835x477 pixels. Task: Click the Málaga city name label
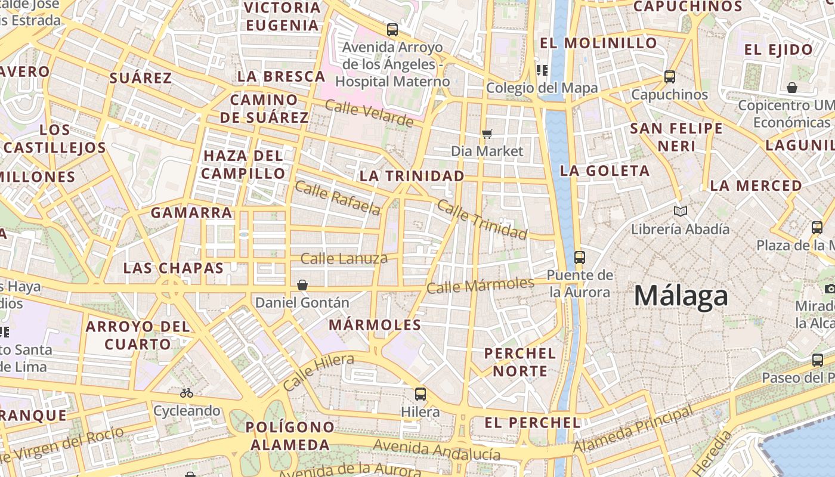[681, 296]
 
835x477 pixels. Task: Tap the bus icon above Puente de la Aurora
[579, 258]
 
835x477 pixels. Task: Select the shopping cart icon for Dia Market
[487, 134]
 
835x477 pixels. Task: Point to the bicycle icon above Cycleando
[187, 393]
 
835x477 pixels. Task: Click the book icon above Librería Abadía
[680, 211]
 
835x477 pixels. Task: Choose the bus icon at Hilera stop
[420, 394]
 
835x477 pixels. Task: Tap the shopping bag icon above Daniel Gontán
[302, 285]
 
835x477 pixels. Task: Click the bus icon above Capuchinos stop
[670, 77]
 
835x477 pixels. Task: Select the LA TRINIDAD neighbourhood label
[412, 176]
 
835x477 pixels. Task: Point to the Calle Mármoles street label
[480, 285]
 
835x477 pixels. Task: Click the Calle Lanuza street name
[344, 259]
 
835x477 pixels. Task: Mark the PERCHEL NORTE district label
[520, 362]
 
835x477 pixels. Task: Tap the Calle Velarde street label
[369, 113]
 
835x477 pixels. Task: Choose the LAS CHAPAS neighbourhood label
[173, 268]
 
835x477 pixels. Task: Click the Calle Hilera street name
[318, 372]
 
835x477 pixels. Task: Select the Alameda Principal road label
[633, 429]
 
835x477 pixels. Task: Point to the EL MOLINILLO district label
[598, 43]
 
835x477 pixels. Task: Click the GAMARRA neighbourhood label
[191, 212]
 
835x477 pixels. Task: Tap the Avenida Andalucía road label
[437, 450]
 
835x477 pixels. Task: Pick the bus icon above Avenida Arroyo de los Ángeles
[392, 29]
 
